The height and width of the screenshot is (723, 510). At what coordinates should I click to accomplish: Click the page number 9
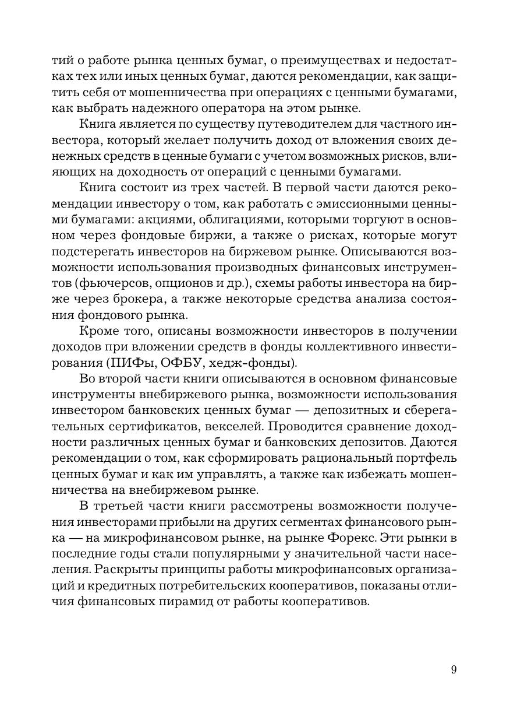coord(454,669)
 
